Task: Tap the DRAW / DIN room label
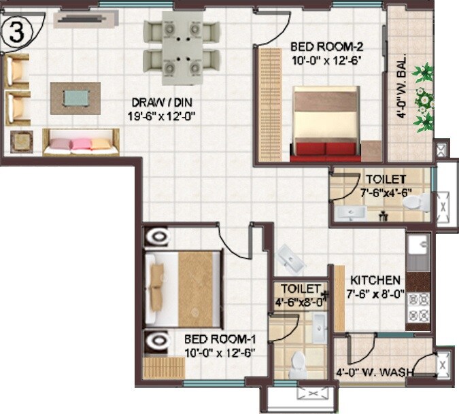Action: (x=153, y=103)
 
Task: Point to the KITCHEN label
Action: (x=375, y=280)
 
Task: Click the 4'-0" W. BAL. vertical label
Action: (x=403, y=85)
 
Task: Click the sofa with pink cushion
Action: (x=81, y=142)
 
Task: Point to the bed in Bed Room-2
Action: (x=325, y=122)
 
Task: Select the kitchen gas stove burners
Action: (x=417, y=307)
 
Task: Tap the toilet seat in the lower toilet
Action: (x=297, y=366)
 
